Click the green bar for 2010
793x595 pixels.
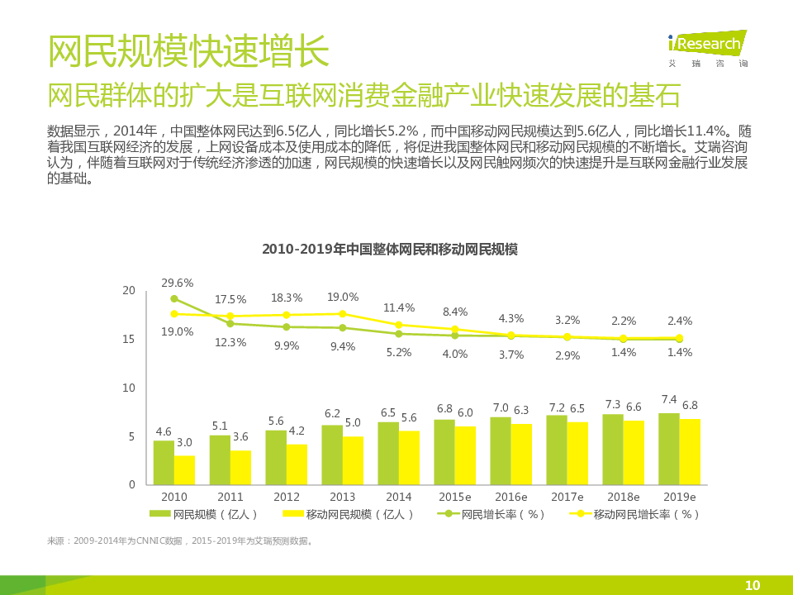pos(164,463)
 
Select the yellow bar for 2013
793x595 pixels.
pos(353,460)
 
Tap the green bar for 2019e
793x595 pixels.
pos(669,449)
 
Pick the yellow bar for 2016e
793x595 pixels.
pos(521,454)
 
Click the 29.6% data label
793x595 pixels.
pos(177,283)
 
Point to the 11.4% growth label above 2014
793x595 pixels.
pos(398,308)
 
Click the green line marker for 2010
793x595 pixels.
pos(174,299)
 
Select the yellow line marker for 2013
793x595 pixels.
pos(343,314)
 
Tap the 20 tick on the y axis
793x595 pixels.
pos(128,290)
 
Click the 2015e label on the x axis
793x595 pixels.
pos(455,497)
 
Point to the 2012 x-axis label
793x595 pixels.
pos(287,497)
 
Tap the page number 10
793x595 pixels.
pos(752,585)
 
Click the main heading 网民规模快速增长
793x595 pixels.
pos(188,51)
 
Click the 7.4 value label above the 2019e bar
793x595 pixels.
pos(668,399)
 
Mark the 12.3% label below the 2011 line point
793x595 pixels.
pos(230,342)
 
